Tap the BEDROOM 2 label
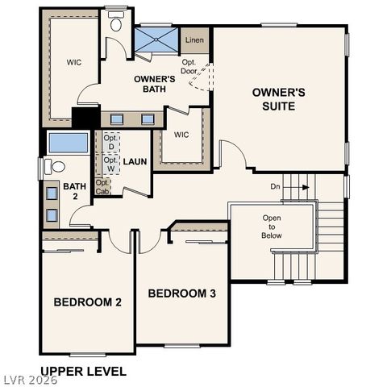click(x=87, y=302)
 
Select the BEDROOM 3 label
click(x=181, y=293)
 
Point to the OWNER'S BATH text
click(x=155, y=84)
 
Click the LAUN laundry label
click(x=135, y=161)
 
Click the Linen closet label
click(x=193, y=40)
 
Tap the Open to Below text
click(x=272, y=227)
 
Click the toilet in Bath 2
click(x=55, y=167)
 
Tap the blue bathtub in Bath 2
click(x=69, y=144)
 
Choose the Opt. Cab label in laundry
click(x=102, y=187)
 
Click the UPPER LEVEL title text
click(x=83, y=372)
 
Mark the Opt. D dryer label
click(x=110, y=143)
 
